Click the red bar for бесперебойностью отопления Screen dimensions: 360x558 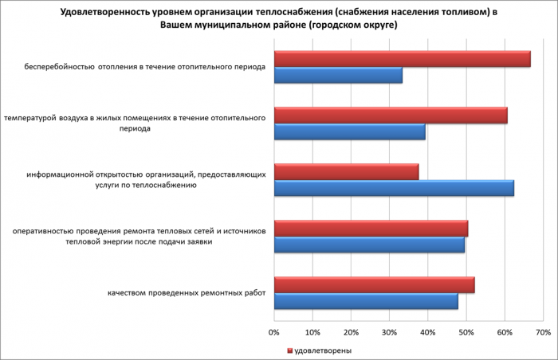(403, 59)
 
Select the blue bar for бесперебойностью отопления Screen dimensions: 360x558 (338, 76)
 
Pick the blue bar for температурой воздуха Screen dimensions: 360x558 (350, 132)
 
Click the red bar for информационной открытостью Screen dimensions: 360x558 (346, 172)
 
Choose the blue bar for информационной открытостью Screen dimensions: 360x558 (394, 189)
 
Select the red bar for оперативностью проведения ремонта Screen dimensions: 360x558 (371, 229)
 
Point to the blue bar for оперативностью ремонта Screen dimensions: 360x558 (369, 245)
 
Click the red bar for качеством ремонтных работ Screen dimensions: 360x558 (374, 285)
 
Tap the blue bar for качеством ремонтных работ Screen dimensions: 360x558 (366, 302)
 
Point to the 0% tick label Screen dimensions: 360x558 (274, 331)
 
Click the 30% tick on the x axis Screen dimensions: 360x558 (390, 331)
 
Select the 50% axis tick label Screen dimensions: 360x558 (466, 331)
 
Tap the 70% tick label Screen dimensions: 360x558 (543, 331)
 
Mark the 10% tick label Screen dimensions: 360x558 (312, 331)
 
